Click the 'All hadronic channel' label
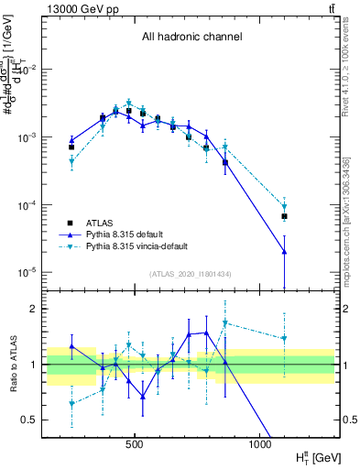pos(191,38)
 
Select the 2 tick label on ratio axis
pos(34,309)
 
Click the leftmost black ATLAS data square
pos(71,147)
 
